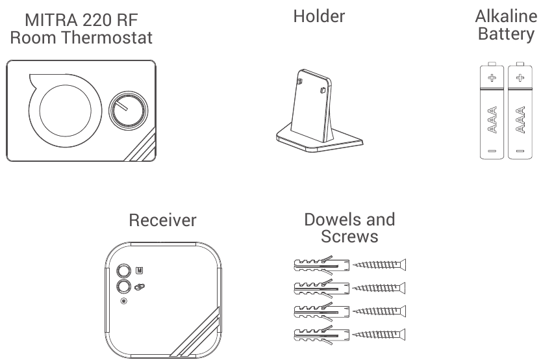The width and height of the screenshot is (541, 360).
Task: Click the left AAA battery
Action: [x=492, y=111]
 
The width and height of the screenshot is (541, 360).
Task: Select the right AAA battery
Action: [x=519, y=111]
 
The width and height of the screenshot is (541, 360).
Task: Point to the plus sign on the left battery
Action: [x=492, y=78]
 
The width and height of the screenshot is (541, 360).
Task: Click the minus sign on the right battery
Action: [x=519, y=151]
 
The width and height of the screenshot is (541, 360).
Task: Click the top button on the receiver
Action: [x=123, y=270]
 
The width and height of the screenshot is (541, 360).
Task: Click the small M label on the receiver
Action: [x=140, y=270]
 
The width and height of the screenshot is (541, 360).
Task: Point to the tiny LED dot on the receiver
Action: [x=123, y=301]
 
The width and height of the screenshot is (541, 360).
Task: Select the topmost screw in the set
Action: [x=380, y=265]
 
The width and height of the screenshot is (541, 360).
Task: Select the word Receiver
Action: [x=162, y=220]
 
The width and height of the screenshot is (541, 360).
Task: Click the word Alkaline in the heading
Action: [x=505, y=16]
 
